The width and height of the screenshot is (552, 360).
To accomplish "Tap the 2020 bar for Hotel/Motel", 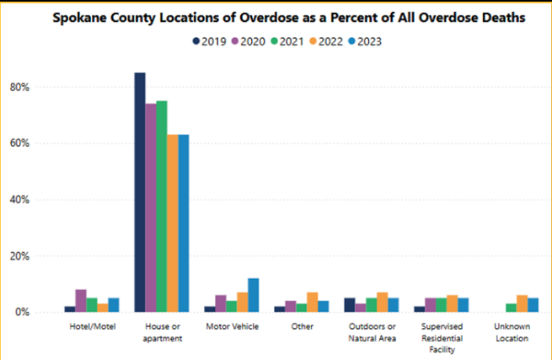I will pos(81,301).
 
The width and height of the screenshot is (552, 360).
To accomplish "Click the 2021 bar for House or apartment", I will pos(161,207).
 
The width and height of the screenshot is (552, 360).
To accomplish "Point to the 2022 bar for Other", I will pos(312,303).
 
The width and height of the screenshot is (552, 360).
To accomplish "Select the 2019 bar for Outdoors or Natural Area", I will pos(350,305).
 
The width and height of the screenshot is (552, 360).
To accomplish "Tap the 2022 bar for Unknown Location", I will pos(521,304).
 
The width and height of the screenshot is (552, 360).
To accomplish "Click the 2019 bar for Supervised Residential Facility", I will pos(419,309).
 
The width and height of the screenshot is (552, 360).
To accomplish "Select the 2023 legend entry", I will pos(362,40).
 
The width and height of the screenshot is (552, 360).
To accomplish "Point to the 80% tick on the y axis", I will pos(44,87).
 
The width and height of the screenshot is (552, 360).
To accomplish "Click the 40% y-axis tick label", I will pos(44,200).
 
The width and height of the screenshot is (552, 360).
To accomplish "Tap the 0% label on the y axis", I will pos(46,312).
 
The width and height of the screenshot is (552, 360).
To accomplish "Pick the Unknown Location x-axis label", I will pos(512,330).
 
